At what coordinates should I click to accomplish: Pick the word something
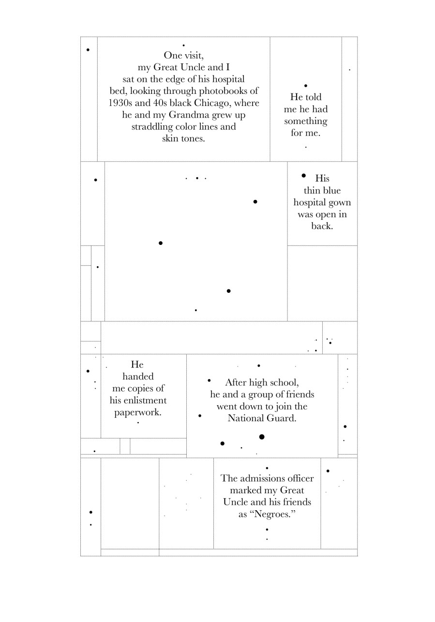pyautogui.click(x=305, y=121)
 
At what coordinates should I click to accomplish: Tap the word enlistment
pyautogui.click(x=138, y=400)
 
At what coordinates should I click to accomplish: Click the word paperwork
pyautogui.click(x=138, y=412)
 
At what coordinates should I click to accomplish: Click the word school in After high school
pyautogui.click(x=284, y=382)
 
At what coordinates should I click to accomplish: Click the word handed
pyautogui.click(x=138, y=377)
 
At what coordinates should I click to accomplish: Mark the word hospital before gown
pyautogui.click(x=310, y=202)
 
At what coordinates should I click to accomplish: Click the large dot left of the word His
pyautogui.click(x=303, y=175)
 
